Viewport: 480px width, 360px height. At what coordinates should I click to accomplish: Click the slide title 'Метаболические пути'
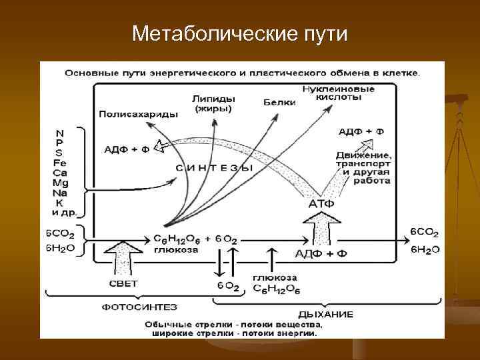coord(239,33)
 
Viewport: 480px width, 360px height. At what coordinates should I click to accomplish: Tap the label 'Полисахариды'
coord(138,114)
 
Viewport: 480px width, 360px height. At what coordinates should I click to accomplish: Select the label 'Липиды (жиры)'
coord(214,103)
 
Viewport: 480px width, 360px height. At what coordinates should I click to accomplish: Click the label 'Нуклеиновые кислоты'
coord(338,93)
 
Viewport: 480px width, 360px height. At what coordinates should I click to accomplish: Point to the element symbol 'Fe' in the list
coord(60,162)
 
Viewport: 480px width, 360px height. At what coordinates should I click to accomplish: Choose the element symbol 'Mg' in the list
coord(61,182)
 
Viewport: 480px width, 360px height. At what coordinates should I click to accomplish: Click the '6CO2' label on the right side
coord(424,232)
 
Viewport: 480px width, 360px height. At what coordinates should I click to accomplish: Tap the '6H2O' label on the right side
coord(425,249)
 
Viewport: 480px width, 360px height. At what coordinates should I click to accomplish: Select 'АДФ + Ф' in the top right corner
coord(361,131)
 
